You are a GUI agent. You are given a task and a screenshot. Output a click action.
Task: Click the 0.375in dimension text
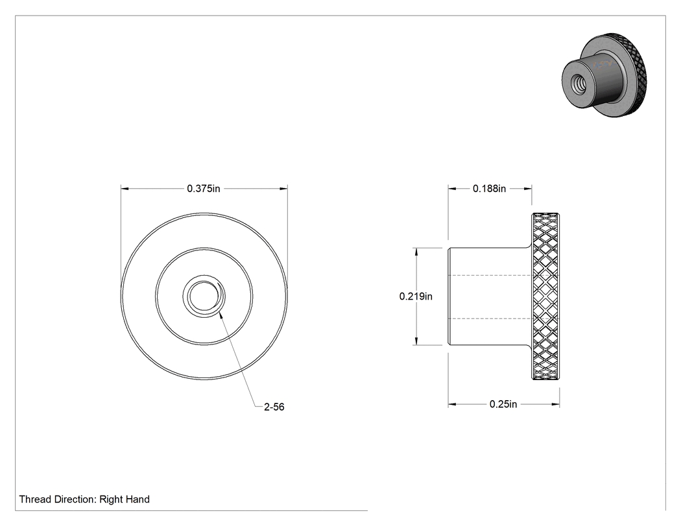point(203,189)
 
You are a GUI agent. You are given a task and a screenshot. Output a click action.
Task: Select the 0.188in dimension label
point(489,189)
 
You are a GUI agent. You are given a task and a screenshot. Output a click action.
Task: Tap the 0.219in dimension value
point(416,296)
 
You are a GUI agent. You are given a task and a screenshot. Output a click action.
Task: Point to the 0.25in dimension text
point(503,404)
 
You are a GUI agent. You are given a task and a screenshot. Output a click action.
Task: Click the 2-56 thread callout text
point(274,407)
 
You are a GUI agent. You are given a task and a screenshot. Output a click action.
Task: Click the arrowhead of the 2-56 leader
point(222,316)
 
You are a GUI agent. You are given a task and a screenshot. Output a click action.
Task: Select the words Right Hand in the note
point(125,499)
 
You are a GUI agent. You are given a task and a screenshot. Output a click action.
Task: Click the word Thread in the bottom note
point(35,499)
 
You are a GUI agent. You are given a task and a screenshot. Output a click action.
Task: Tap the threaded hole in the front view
point(204,296)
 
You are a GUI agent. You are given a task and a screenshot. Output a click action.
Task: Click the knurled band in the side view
point(545,296)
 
